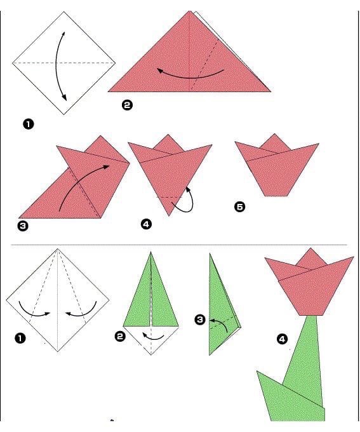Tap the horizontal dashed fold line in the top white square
pyautogui.click(x=63, y=63)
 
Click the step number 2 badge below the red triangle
pyautogui.click(x=127, y=105)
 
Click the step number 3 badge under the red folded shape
pyautogui.click(x=23, y=226)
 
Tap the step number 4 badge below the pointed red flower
pyautogui.click(x=146, y=224)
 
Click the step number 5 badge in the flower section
pyautogui.click(x=239, y=206)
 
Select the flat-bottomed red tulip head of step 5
pyautogui.click(x=277, y=168)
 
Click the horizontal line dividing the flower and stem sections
pyautogui.click(x=179, y=245)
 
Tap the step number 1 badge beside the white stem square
pyautogui.click(x=20, y=338)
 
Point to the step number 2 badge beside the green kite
pyautogui.click(x=120, y=337)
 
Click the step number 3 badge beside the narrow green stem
pyautogui.click(x=200, y=320)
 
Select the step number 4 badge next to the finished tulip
pyautogui.click(x=282, y=339)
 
